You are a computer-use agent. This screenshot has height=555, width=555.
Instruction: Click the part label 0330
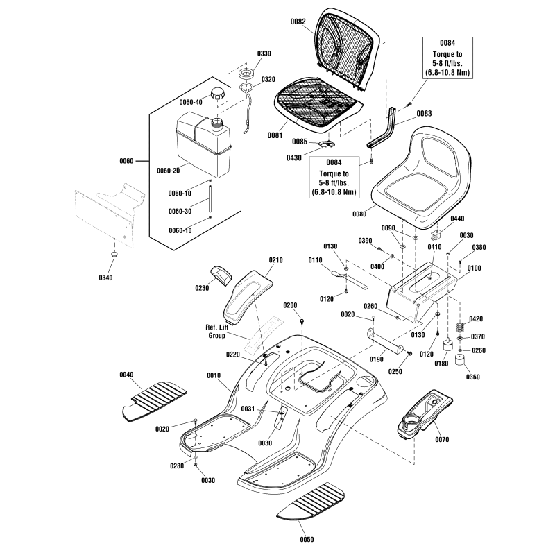point(246,54)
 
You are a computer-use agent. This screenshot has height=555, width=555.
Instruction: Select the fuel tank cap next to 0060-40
point(219,93)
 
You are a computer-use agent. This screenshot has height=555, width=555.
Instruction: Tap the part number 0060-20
point(169,171)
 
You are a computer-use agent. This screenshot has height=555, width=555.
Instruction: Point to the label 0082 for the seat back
point(298,22)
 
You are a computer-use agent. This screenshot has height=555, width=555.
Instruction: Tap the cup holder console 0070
point(423,416)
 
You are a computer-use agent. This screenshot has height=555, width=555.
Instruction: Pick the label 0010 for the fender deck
point(214,375)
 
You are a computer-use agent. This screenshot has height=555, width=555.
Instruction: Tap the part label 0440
point(459,219)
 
